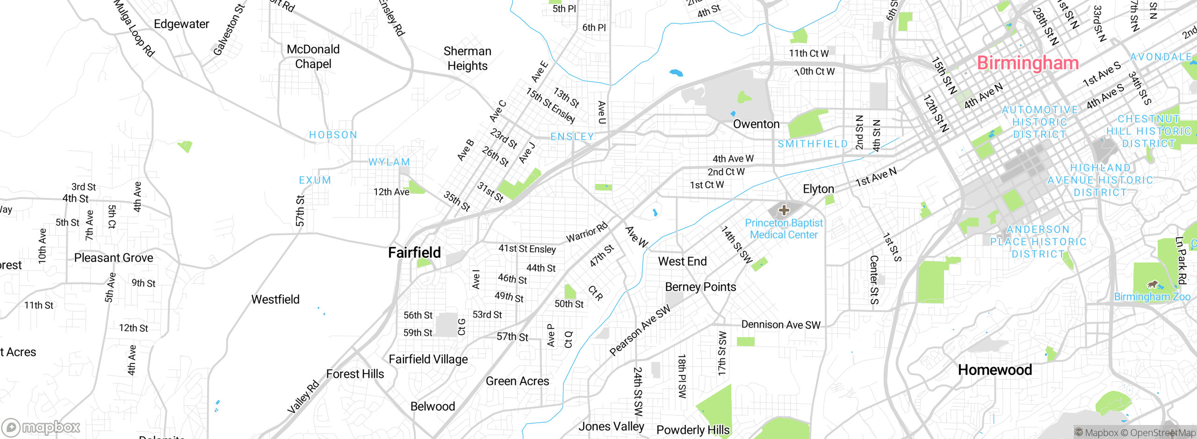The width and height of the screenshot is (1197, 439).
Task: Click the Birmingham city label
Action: click(x=1027, y=63)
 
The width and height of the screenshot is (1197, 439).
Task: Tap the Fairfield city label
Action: click(x=414, y=253)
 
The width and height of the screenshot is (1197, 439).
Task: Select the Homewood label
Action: click(x=995, y=370)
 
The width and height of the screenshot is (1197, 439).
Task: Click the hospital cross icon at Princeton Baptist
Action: click(x=784, y=210)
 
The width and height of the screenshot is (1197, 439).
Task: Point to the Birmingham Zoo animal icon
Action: click(x=1153, y=284)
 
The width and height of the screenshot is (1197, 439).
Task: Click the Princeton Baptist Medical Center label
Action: click(x=784, y=229)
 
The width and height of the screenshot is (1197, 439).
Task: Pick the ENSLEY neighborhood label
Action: click(x=572, y=136)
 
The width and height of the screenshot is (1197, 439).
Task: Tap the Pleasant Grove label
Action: click(x=114, y=258)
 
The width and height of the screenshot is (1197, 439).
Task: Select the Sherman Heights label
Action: click(x=467, y=58)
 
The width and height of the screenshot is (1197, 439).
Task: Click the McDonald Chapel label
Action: click(x=313, y=57)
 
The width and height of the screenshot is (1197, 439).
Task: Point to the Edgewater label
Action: click(x=181, y=24)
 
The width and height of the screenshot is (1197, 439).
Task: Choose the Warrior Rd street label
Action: click(x=587, y=232)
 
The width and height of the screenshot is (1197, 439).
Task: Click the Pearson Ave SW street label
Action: click(x=640, y=330)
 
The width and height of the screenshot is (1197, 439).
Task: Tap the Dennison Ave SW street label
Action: click(x=780, y=325)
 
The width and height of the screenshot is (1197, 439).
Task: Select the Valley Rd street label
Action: click(x=303, y=397)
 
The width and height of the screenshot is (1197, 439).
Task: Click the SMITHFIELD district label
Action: click(x=812, y=144)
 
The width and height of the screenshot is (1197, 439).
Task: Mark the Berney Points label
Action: click(x=700, y=287)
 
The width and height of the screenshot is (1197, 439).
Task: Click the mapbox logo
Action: click(x=41, y=427)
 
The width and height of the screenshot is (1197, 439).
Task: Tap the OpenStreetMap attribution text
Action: click(x=1162, y=433)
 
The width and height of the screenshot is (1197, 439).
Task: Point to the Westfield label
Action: click(x=275, y=299)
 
